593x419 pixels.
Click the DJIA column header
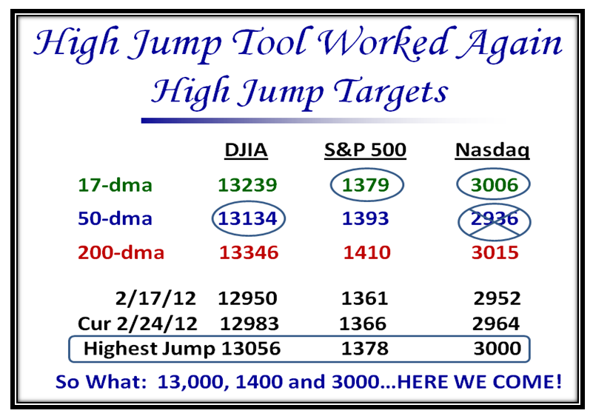click(246, 150)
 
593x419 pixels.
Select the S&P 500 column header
click(365, 150)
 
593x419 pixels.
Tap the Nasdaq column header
click(492, 151)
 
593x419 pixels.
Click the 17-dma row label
click(115, 185)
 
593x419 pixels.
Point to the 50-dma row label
click(115, 218)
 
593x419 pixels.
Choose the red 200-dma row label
click(121, 252)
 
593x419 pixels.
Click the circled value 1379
click(365, 185)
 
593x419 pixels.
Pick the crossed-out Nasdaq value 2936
click(495, 218)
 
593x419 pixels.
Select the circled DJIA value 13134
click(248, 218)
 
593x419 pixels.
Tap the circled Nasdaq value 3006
click(495, 185)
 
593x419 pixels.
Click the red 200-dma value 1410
click(367, 252)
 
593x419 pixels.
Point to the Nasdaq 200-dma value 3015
click(495, 252)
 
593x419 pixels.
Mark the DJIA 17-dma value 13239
click(248, 185)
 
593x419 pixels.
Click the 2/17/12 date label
click(155, 298)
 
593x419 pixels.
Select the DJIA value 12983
click(249, 324)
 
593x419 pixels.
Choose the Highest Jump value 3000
click(497, 348)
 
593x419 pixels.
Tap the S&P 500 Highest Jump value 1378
click(364, 348)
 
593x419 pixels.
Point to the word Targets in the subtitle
click(391, 92)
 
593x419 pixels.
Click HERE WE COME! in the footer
click(480, 381)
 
